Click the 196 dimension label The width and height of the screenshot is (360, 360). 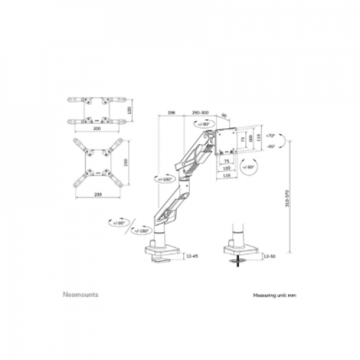coord(171,113)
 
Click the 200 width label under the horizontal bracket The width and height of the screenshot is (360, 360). coord(98,130)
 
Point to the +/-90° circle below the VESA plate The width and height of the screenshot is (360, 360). coord(249,167)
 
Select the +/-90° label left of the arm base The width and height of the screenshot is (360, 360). coord(119,223)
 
